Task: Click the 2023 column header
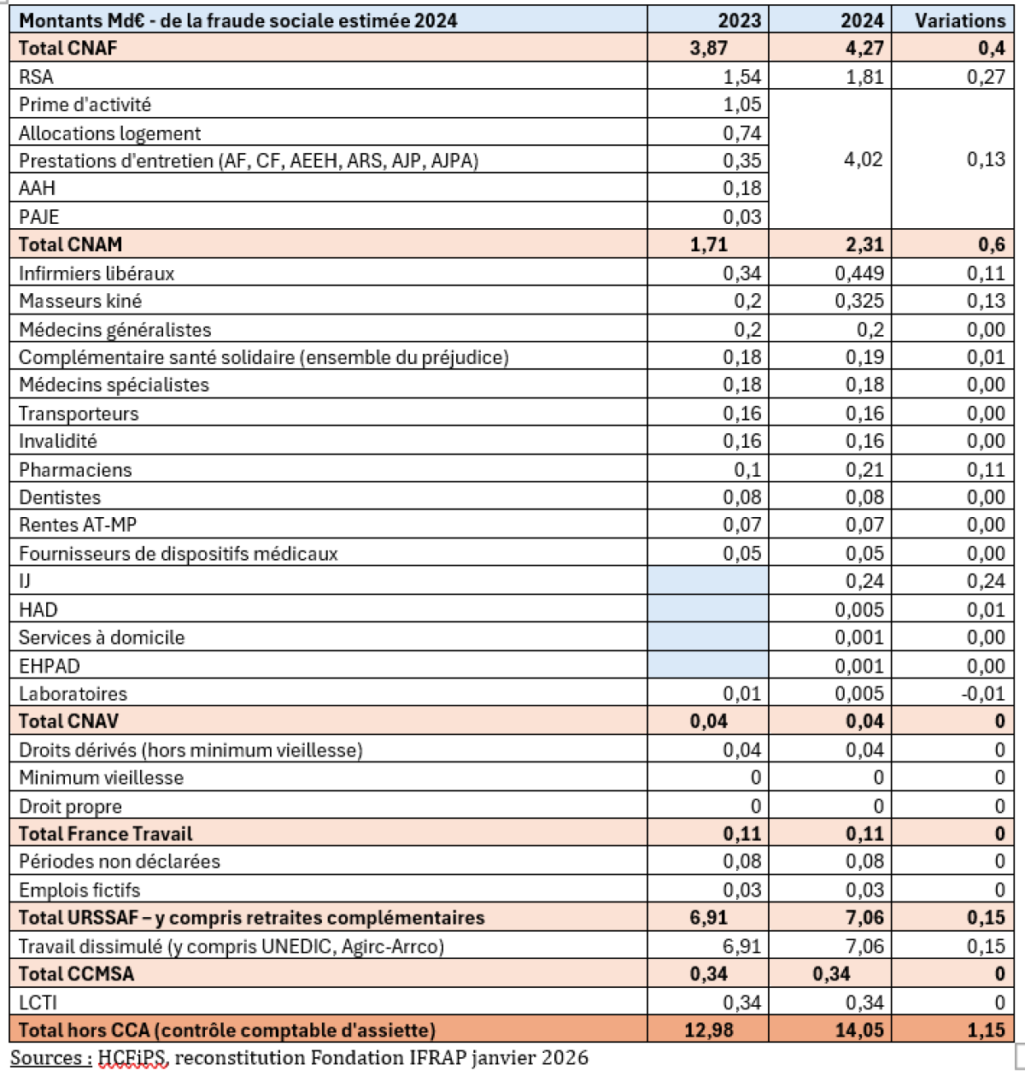click(x=740, y=20)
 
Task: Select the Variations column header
click(x=960, y=20)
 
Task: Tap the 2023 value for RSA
click(x=741, y=77)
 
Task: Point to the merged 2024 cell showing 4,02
click(x=863, y=160)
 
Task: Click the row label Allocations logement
click(x=110, y=133)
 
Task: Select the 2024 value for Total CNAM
click(x=864, y=244)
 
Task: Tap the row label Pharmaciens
click(x=76, y=470)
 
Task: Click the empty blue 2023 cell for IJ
click(x=708, y=581)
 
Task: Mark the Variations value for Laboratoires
click(x=986, y=694)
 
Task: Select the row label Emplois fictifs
click(x=79, y=891)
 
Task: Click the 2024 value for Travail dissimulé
click(x=864, y=946)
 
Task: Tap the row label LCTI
click(x=38, y=1003)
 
